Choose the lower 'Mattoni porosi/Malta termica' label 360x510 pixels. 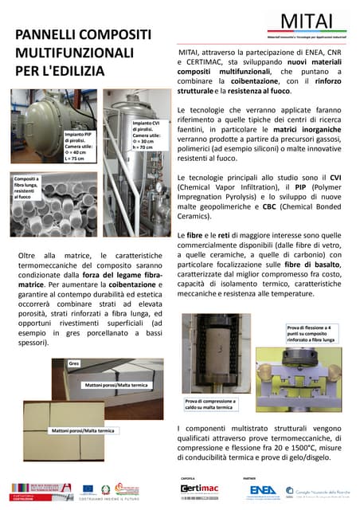click(83, 430)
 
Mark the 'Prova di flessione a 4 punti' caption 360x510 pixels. click(312, 333)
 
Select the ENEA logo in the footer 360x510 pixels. click(263, 488)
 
